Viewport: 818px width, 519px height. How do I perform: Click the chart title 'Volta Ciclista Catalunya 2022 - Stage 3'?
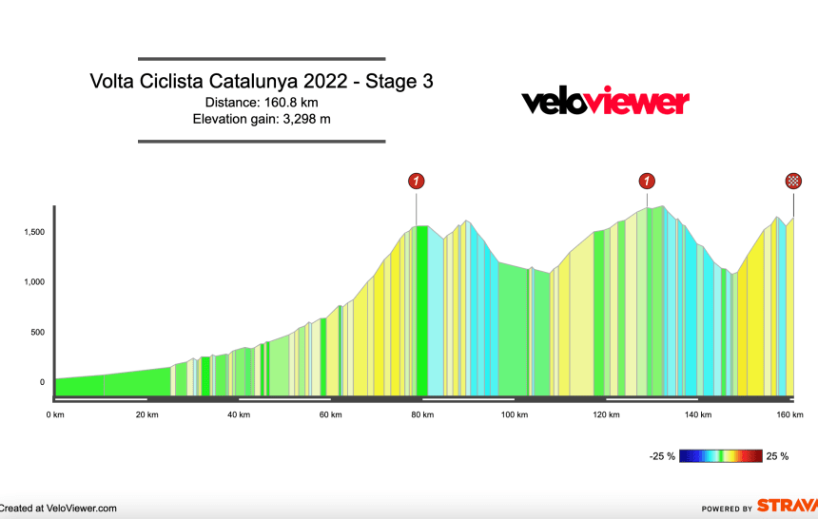pyautogui.click(x=262, y=82)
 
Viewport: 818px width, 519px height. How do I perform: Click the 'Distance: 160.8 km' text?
pyautogui.click(x=262, y=103)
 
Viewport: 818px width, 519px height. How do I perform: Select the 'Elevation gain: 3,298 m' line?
pyautogui.click(x=262, y=119)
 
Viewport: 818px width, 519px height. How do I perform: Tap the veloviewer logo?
pyautogui.click(x=605, y=102)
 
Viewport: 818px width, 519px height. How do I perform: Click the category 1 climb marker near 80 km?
pyautogui.click(x=416, y=181)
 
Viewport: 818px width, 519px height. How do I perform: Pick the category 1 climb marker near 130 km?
pyautogui.click(x=648, y=181)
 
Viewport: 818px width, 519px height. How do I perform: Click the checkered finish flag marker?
pyautogui.click(x=793, y=181)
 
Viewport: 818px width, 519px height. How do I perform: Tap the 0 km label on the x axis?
pyautogui.click(x=56, y=414)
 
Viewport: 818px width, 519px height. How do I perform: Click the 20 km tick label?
pyautogui.click(x=146, y=414)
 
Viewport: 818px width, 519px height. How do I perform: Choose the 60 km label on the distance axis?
pyautogui.click(x=330, y=414)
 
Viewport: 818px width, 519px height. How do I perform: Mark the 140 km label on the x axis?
pyautogui.click(x=698, y=414)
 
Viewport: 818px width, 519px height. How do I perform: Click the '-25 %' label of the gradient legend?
pyautogui.click(x=662, y=456)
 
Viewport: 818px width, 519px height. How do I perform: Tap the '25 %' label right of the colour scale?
pyautogui.click(x=777, y=456)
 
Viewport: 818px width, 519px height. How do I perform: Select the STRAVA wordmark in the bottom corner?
pyautogui.click(x=786, y=507)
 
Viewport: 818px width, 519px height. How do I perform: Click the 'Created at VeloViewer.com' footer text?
pyautogui.click(x=59, y=509)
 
